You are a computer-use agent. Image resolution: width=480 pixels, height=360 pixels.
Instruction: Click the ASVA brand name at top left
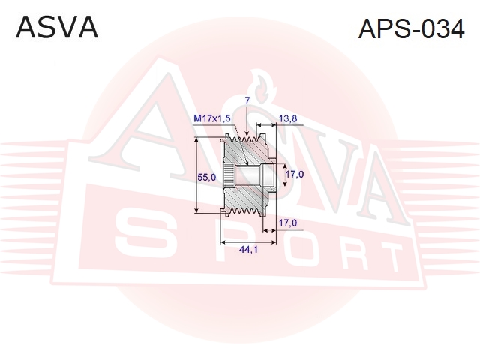[57, 27]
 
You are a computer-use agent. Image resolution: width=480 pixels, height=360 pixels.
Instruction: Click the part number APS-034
[412, 29]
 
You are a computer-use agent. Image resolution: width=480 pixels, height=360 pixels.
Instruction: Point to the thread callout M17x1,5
[211, 118]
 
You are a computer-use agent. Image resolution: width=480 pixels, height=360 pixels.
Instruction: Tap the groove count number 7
[247, 100]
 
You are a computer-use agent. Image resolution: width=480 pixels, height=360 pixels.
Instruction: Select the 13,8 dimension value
[288, 118]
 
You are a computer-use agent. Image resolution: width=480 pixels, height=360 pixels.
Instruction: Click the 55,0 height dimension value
[207, 177]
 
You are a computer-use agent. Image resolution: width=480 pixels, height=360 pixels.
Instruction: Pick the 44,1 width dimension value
[248, 250]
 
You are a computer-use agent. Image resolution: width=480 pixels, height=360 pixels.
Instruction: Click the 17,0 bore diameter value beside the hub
[295, 174]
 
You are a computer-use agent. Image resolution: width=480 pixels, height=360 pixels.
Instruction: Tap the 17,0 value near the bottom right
[288, 223]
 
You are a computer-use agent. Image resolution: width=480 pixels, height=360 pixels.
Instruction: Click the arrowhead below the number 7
[247, 133]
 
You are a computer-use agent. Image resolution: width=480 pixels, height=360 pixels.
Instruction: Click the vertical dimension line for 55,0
[196, 175]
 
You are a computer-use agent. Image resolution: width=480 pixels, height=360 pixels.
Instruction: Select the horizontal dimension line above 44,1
[248, 242]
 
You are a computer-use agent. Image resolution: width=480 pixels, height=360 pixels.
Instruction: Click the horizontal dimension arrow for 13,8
[266, 125]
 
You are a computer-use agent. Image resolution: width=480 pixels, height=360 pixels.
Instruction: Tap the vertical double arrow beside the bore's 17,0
[285, 175]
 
